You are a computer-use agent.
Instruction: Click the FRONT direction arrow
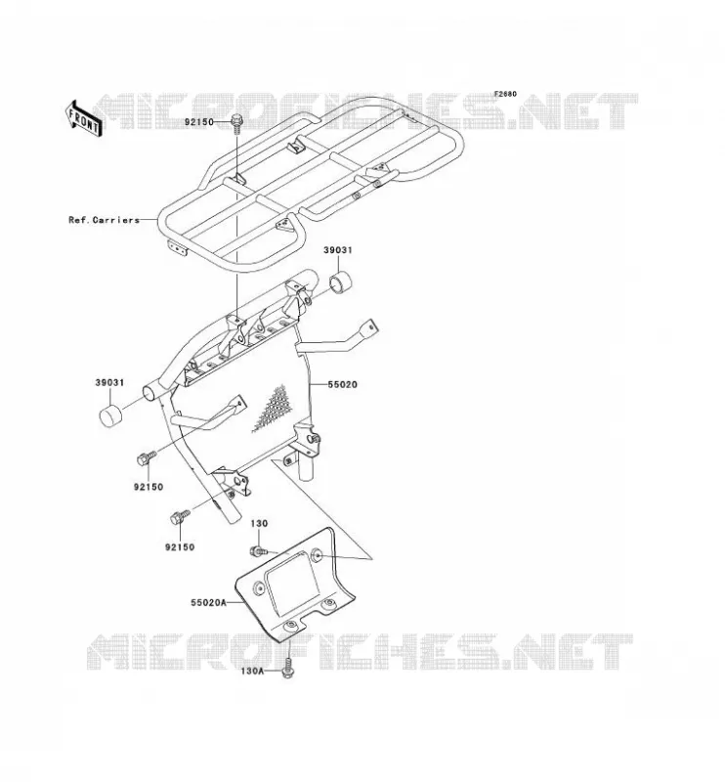[x=83, y=118]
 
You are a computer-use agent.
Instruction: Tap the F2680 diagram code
[x=505, y=94]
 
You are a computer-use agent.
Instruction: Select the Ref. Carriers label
[x=104, y=219]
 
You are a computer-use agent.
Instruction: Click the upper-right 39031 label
[x=337, y=250]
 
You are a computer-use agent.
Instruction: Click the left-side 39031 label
[x=109, y=383]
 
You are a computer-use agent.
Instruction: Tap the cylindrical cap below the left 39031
[x=111, y=415]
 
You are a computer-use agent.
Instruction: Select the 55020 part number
[x=343, y=384]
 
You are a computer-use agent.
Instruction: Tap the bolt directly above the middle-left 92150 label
[x=147, y=457]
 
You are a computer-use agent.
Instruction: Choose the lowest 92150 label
[x=180, y=547]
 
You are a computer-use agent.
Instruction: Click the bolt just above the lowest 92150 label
[x=180, y=517]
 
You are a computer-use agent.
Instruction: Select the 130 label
[x=259, y=524]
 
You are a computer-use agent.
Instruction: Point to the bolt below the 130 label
[x=258, y=550]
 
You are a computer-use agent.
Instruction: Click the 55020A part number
[x=208, y=602]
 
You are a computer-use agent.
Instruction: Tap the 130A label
[x=252, y=671]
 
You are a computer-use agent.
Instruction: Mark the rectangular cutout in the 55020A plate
[x=293, y=580]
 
